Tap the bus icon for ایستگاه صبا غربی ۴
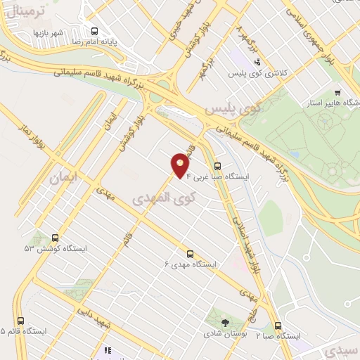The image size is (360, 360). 217,167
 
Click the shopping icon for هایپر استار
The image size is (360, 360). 337,92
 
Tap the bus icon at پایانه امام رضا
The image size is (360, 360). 95,30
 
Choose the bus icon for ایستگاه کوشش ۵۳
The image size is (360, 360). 55,238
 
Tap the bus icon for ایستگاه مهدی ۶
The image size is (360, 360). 190,254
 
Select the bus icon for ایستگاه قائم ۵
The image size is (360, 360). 13,320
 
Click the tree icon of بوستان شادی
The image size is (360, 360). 225,322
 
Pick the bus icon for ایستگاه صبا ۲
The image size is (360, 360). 278,326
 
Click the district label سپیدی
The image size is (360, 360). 340,349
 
